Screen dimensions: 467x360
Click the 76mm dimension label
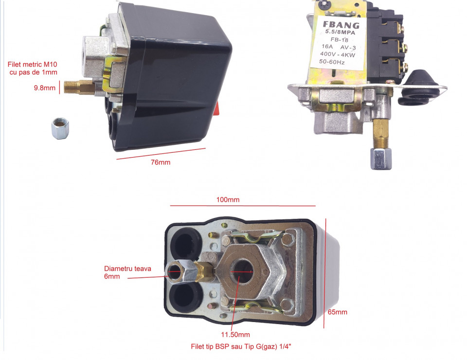[161, 162]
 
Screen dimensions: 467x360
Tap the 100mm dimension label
[228, 199]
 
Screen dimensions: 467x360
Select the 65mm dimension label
[338, 312]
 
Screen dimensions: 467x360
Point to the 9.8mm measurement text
[45, 88]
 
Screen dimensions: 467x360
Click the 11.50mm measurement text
[235, 335]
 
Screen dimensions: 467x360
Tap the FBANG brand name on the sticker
[341, 25]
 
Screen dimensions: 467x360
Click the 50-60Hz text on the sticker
[332, 62]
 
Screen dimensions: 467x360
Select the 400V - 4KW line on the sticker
[338, 54]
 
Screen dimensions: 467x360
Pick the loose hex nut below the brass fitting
[60, 128]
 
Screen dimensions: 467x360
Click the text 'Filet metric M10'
[33, 64]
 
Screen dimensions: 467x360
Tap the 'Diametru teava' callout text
[127, 269]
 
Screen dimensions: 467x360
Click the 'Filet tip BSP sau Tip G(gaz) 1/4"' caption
[241, 346]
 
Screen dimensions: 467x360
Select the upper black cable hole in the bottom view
[186, 243]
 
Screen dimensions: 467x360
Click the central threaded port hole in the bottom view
[241, 272]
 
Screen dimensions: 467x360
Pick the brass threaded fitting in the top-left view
[79, 87]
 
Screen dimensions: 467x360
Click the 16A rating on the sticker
[327, 46]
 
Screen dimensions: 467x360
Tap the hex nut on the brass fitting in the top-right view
[381, 159]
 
